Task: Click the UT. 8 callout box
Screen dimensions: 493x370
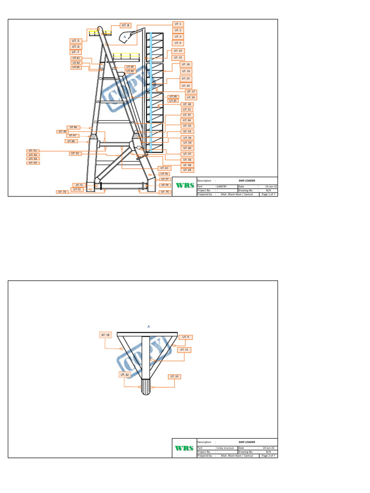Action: [x=126, y=25]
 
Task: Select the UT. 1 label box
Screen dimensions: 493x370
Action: [x=178, y=24]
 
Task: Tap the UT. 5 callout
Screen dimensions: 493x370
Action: [x=76, y=41]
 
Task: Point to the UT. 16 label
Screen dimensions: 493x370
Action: [x=186, y=64]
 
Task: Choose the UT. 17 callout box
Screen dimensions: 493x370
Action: [x=191, y=91]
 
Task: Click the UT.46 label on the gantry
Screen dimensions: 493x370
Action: [x=72, y=127]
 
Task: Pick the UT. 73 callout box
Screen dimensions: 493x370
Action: [x=63, y=192]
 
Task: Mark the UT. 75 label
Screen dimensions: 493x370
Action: [x=165, y=192]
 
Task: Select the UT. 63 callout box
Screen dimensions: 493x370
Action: [x=186, y=170]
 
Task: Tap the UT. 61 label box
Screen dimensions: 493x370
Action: [x=164, y=168]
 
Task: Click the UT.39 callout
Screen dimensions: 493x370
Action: [x=131, y=67]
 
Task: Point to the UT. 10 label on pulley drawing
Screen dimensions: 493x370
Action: [x=174, y=376]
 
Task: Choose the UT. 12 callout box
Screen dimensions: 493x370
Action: [x=124, y=374]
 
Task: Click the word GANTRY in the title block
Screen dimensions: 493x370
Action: [x=221, y=186]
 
